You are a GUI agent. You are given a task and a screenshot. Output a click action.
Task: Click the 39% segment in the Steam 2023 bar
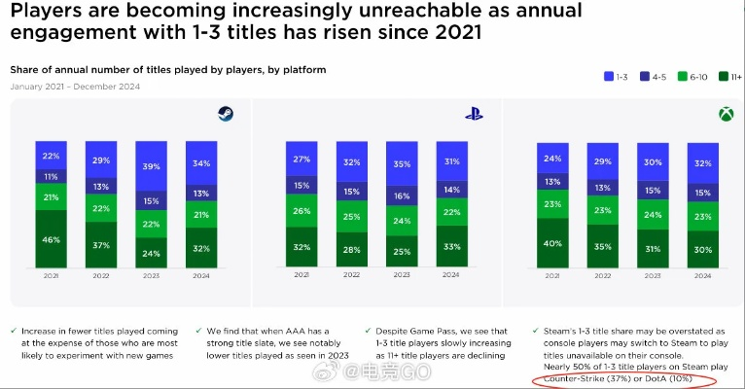click(152, 166)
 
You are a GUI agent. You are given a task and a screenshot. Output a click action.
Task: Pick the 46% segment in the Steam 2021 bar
click(51, 238)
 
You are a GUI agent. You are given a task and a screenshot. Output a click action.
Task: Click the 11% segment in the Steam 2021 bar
click(51, 176)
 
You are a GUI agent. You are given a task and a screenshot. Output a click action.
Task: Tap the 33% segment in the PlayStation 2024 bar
click(452, 247)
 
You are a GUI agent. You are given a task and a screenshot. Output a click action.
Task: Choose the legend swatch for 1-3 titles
click(608, 75)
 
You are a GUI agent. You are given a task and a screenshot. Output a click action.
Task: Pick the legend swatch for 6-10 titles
click(684, 75)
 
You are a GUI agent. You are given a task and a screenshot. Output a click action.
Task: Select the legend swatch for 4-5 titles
click(646, 75)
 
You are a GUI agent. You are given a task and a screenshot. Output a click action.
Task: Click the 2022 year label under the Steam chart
click(101, 275)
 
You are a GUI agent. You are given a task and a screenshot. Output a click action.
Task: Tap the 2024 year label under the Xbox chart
click(702, 275)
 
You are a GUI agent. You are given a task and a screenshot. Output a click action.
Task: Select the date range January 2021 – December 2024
click(75, 87)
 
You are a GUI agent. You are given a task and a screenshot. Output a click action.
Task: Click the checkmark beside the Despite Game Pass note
click(367, 331)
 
